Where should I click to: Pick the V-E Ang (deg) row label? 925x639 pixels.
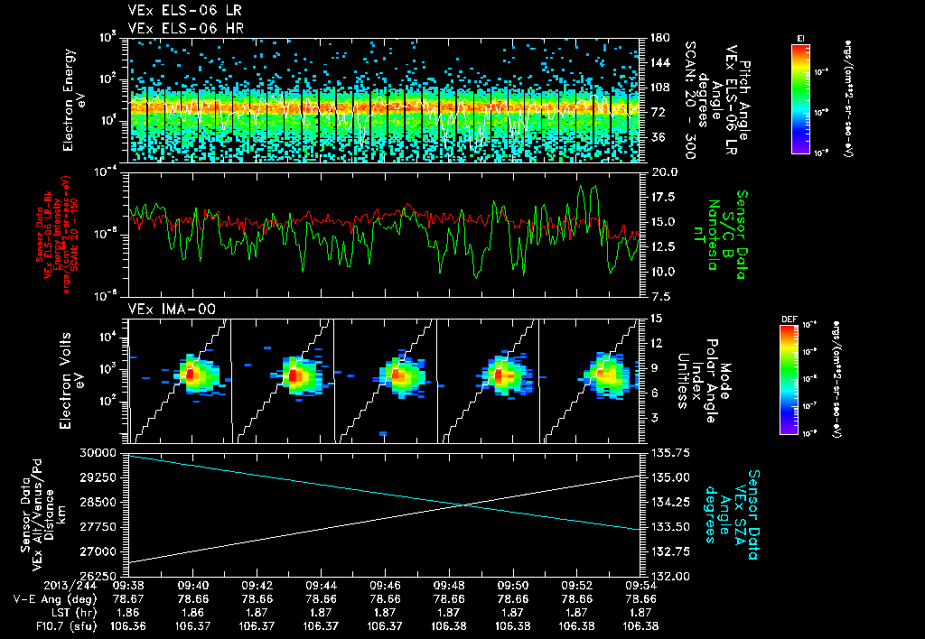coord(53,597)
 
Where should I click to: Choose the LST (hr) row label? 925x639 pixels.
coord(66,611)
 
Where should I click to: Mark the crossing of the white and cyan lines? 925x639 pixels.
coord(463,504)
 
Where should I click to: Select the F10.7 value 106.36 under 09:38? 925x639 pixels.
coord(128,625)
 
